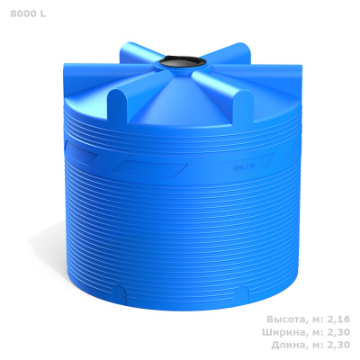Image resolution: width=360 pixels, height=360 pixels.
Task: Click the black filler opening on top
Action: [183, 62]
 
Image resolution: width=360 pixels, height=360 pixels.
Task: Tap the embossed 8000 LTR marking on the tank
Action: [244, 167]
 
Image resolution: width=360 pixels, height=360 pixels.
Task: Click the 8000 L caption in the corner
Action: [28, 13]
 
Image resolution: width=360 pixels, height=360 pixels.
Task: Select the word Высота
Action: [286, 319]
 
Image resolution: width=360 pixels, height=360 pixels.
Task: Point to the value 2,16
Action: [340, 319]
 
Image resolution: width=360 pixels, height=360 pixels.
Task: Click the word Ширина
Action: [284, 332]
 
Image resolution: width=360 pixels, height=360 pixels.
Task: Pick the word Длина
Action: [289, 346]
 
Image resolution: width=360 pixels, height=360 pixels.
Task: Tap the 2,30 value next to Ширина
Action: [340, 332]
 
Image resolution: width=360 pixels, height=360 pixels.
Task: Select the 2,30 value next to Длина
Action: [340, 346]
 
